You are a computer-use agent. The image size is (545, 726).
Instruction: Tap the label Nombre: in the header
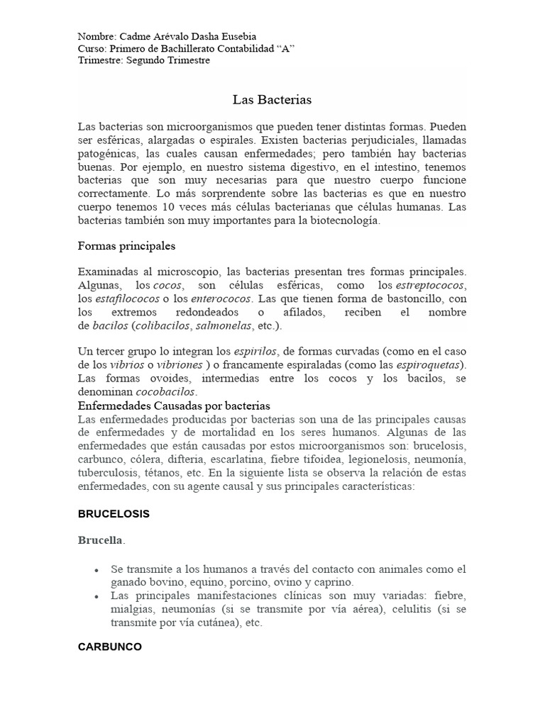[97, 36]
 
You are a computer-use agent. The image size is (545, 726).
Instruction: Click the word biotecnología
[344, 220]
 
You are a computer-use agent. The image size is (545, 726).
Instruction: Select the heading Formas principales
[126, 246]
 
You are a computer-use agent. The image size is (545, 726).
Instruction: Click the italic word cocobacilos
[166, 392]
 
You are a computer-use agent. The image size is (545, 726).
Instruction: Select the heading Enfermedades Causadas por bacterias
[174, 406]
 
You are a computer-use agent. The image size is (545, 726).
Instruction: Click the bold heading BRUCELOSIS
[114, 514]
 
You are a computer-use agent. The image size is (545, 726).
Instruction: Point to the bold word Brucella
[100, 540]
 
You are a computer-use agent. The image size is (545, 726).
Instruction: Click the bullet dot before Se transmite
[95, 570]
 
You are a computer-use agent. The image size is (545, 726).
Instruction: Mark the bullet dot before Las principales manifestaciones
[95, 597]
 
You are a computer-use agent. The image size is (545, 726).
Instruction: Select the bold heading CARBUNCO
[109, 647]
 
